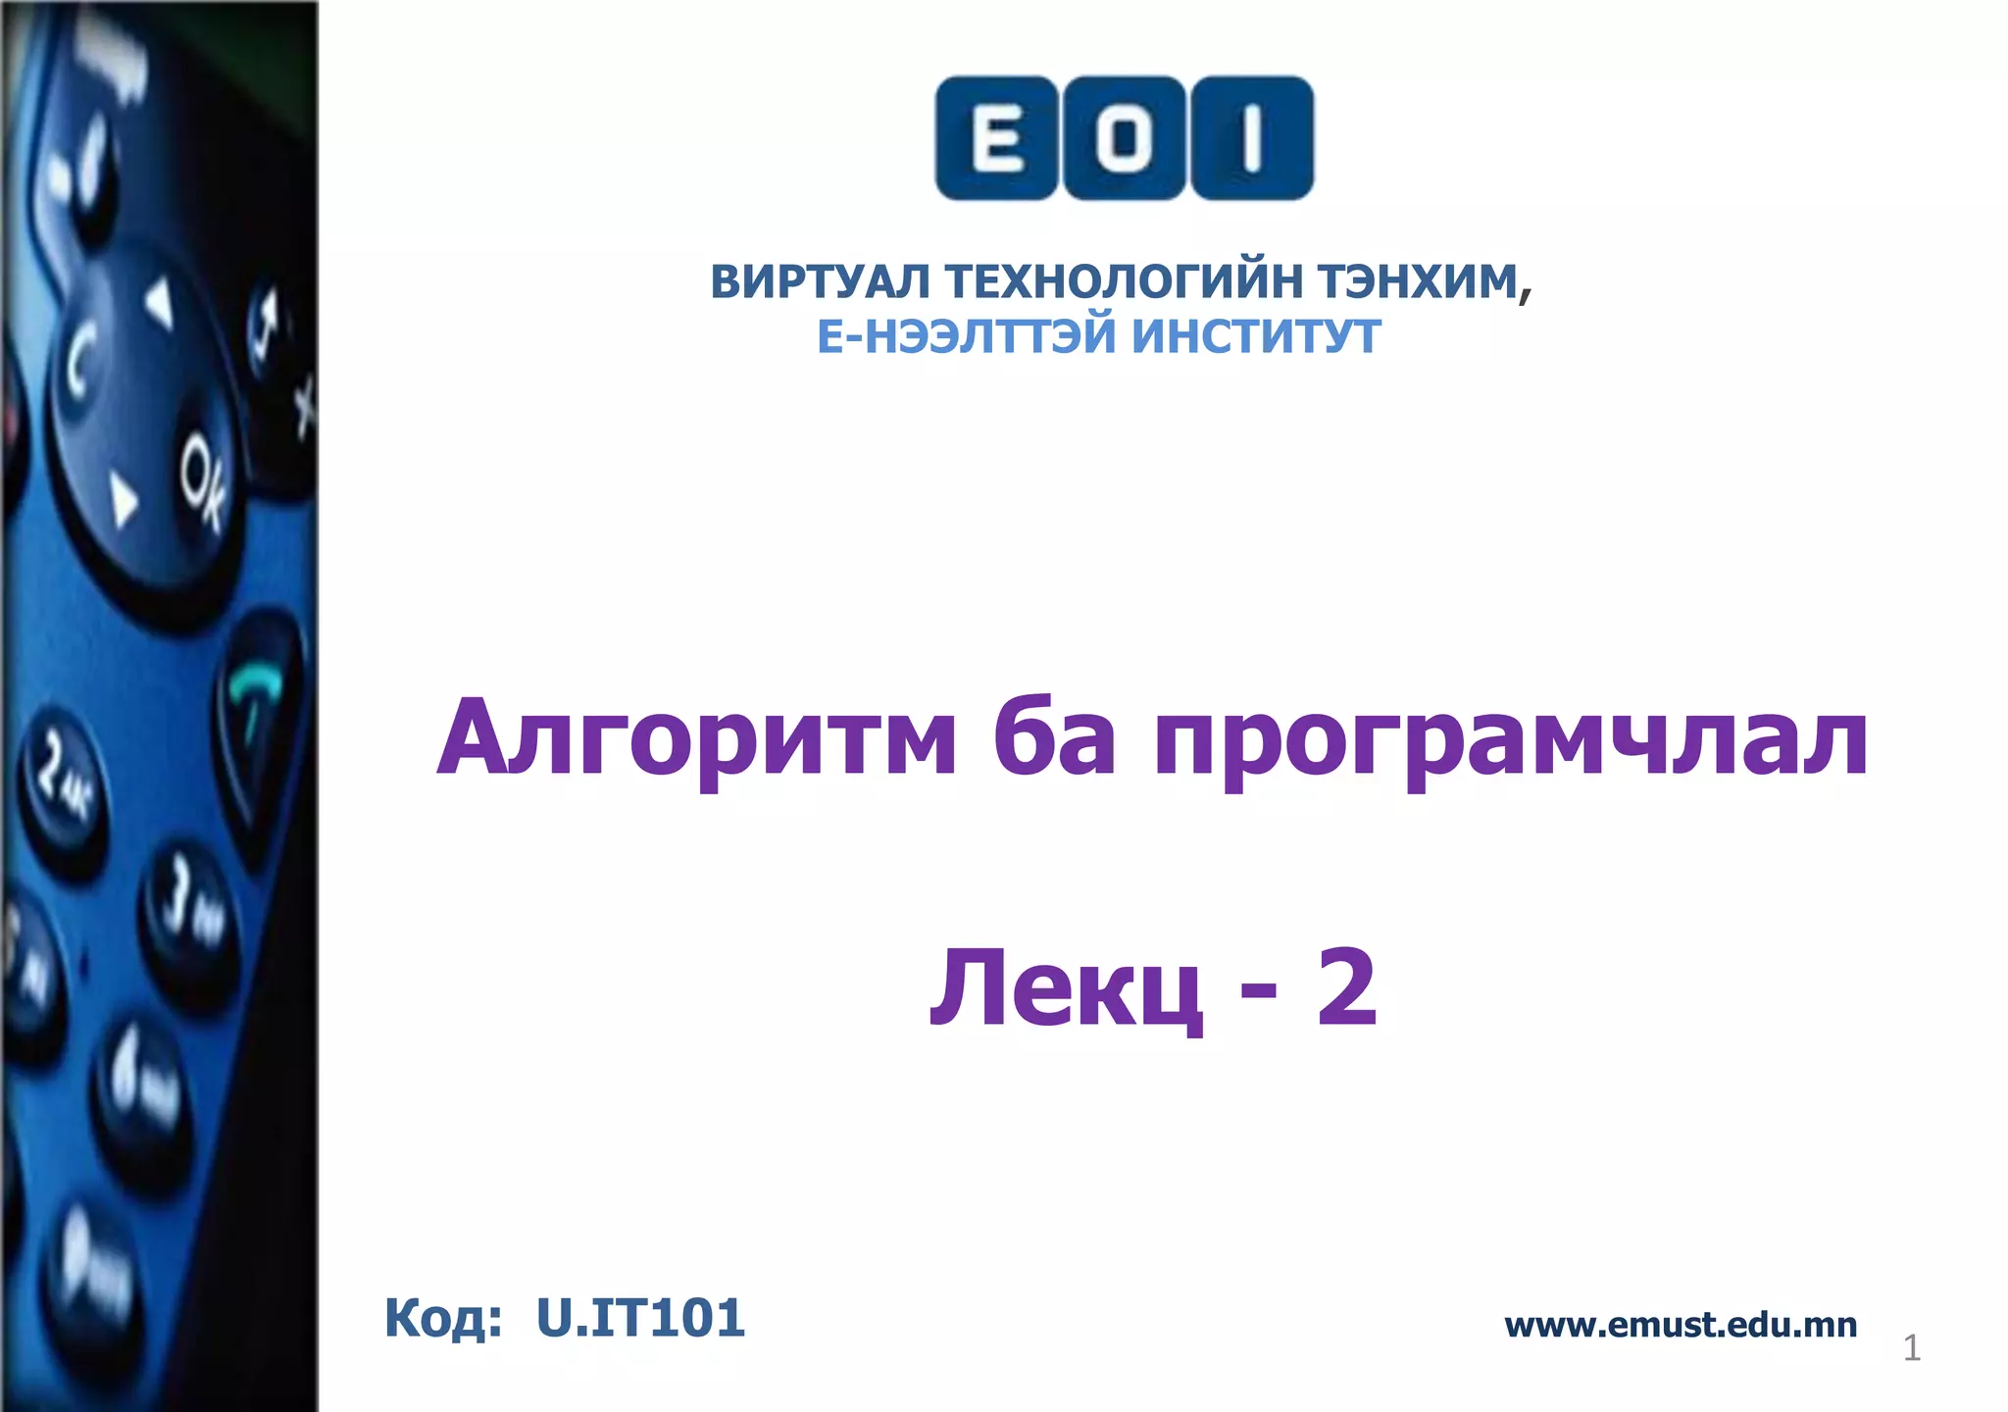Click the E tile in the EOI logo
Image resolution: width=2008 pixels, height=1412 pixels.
point(996,138)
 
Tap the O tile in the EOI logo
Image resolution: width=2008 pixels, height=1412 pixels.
point(1124,138)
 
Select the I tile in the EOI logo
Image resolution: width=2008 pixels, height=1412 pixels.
point(1251,138)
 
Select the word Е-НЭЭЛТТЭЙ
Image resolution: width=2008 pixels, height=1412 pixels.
point(967,336)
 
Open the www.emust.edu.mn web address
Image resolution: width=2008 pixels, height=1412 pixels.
point(1681,1325)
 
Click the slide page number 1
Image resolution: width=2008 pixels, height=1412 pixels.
point(1911,1348)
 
